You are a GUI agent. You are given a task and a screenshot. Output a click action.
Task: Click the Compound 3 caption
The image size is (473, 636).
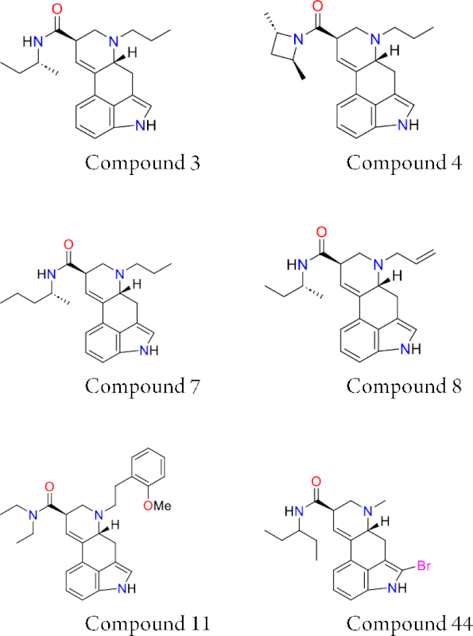(142, 163)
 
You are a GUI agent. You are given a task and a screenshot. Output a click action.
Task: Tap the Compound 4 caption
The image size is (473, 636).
(404, 163)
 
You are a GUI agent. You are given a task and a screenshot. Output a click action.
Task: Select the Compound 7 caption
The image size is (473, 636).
(142, 386)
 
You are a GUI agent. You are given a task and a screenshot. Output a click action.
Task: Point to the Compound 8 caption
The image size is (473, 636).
(404, 386)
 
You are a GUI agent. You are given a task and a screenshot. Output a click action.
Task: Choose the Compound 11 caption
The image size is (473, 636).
(148, 623)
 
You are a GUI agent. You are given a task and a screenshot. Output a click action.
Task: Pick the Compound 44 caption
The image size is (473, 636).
(409, 623)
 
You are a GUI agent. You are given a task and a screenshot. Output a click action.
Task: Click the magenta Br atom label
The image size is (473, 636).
(424, 565)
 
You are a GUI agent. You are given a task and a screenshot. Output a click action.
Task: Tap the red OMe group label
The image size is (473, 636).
(157, 506)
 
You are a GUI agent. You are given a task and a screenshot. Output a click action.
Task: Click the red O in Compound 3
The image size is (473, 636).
(57, 10)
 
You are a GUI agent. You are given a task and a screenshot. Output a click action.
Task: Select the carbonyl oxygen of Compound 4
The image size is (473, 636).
(318, 6)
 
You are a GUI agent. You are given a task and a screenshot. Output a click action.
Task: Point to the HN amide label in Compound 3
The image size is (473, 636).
(33, 42)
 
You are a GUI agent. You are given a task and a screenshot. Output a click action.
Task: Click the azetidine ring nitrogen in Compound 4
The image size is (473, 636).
(299, 39)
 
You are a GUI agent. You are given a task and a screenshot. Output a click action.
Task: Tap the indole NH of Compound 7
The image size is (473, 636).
(149, 351)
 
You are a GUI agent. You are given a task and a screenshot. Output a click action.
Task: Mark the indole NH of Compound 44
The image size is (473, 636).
(397, 588)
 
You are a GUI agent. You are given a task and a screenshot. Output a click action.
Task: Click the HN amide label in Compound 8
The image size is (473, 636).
(297, 265)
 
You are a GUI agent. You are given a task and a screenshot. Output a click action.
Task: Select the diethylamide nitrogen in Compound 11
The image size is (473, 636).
(33, 515)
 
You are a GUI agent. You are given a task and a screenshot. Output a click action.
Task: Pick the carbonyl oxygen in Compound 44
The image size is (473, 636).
(316, 482)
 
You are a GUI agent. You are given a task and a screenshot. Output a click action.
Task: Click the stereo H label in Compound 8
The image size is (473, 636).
(397, 276)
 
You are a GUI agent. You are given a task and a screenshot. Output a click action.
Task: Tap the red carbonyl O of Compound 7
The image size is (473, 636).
(68, 245)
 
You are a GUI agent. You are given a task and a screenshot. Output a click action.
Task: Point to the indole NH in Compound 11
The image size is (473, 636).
(126, 588)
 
